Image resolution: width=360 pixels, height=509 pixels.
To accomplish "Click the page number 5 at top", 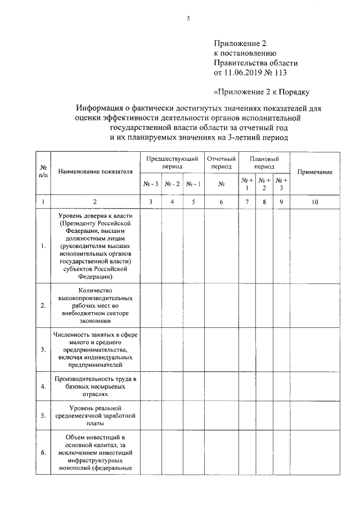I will pyautogui.click(x=189, y=18).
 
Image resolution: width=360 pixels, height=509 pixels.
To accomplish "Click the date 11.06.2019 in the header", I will pyautogui.click(x=246, y=73).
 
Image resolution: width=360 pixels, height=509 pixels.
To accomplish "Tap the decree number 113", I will pyautogui.click(x=286, y=73).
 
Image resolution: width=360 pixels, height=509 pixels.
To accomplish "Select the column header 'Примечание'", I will pyautogui.click(x=315, y=172).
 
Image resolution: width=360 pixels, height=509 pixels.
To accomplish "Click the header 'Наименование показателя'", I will pyautogui.click(x=94, y=172).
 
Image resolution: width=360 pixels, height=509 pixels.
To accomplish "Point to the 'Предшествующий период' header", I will pyautogui.click(x=172, y=163).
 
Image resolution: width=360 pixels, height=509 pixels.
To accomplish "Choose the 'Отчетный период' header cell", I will pyautogui.click(x=221, y=163).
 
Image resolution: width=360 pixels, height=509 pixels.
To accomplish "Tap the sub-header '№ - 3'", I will pyautogui.click(x=151, y=184).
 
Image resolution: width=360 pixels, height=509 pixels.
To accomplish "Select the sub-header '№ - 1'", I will pyautogui.click(x=193, y=184).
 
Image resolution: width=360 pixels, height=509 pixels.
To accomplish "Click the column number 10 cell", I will pyautogui.click(x=315, y=201).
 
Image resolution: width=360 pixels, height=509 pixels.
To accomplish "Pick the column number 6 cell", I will pyautogui.click(x=221, y=201).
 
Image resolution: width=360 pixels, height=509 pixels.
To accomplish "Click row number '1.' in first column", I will pyautogui.click(x=43, y=246).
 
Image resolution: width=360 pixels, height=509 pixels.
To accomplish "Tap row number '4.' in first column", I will pyautogui.click(x=43, y=387).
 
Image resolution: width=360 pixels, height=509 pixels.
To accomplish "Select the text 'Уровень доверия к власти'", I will pyautogui.click(x=94, y=215).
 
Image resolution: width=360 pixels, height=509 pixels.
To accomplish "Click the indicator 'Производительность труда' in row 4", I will pyautogui.click(x=94, y=380).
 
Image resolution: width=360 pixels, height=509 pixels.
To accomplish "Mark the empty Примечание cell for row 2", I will pyautogui.click(x=315, y=305).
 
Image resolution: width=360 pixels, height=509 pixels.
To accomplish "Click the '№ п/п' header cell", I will pyautogui.click(x=43, y=172).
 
